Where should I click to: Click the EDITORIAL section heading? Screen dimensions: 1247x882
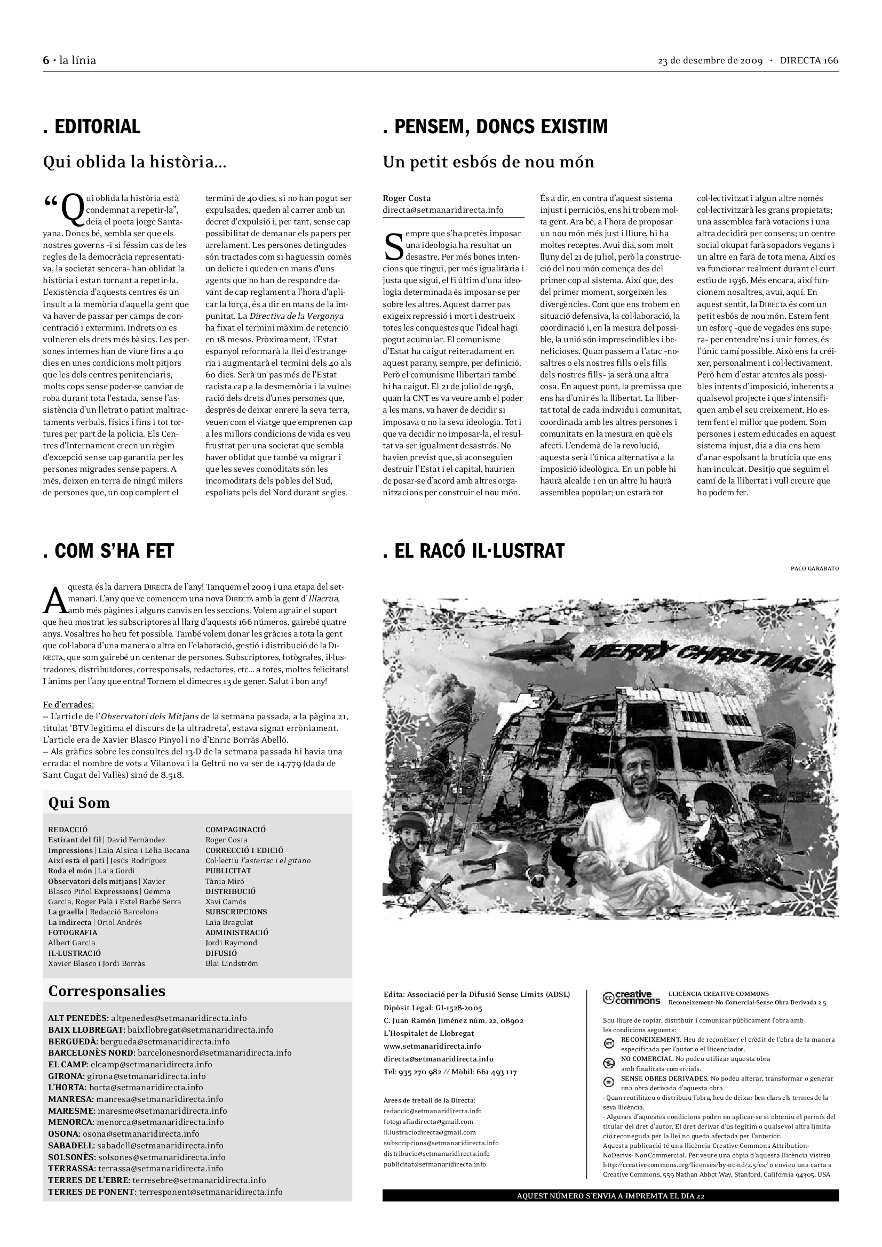[92, 126]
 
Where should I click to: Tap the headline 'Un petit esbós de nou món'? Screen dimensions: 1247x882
[488, 162]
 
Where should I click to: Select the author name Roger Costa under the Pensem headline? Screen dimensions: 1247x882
[407, 198]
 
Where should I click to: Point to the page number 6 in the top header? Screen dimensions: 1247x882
[46, 60]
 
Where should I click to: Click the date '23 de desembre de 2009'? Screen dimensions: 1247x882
[710, 60]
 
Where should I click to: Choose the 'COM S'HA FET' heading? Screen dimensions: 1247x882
[108, 551]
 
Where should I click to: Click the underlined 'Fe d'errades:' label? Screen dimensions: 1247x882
[68, 705]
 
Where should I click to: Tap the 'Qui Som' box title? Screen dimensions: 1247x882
[79, 803]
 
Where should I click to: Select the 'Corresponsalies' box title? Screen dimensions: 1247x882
[107, 991]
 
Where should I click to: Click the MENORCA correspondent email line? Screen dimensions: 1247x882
[136, 1122]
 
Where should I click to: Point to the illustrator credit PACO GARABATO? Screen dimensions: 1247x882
[814, 569]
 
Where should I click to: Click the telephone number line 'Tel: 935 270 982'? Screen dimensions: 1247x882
[450, 1072]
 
